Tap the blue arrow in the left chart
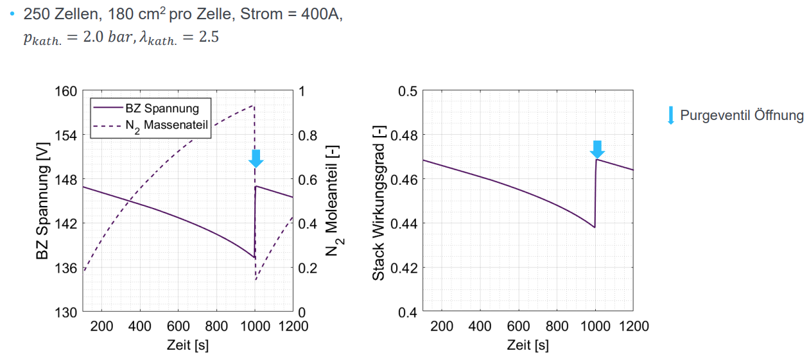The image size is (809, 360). point(256,159)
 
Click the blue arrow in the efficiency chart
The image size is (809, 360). point(597,149)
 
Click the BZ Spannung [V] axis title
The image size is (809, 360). point(43,201)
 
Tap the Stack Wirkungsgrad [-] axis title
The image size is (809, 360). point(379,201)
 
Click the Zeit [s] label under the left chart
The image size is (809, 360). point(187,345)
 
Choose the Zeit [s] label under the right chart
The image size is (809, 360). point(528,345)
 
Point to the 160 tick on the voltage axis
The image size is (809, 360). point(65,91)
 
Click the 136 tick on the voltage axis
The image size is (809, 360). point(65,268)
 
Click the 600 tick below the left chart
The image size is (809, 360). point(178,326)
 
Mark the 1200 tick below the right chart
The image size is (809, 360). point(634,326)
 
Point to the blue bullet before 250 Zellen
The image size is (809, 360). point(12,15)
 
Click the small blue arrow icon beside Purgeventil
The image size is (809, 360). point(671,116)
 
